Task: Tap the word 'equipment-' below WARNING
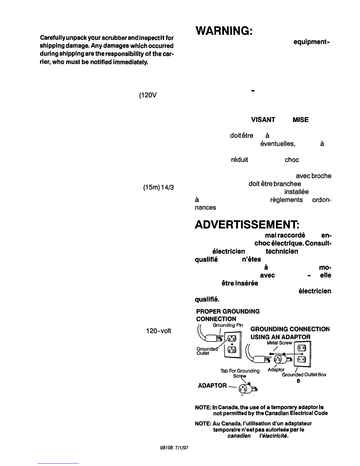coord(311,42)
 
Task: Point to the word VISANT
coord(263,120)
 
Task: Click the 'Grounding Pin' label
coord(228,325)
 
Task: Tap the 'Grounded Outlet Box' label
coord(304,375)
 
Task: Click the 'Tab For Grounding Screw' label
coord(240,373)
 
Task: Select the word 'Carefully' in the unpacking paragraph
coord(51,39)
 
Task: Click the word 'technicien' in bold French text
coord(282,251)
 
